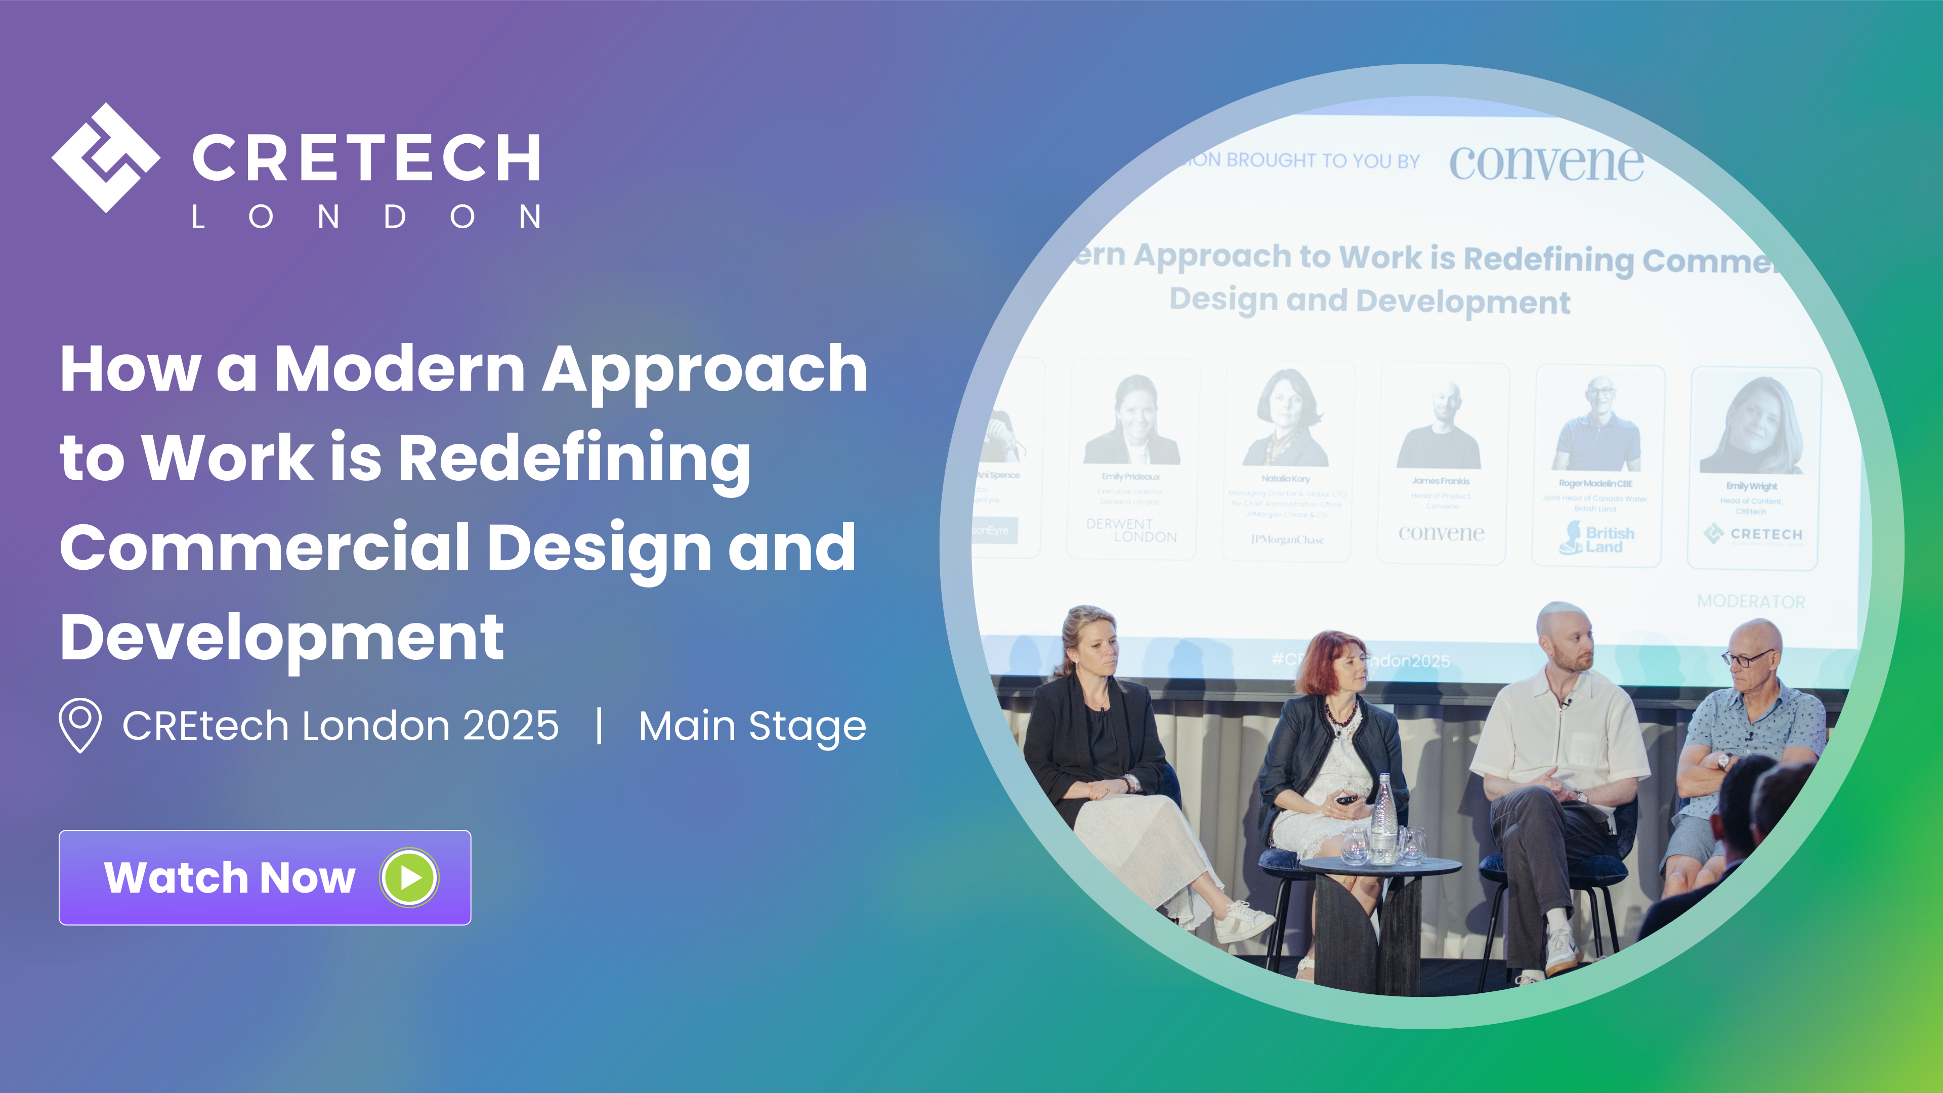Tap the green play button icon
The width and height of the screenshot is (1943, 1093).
pos(409,877)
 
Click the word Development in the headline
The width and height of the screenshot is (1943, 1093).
pos(281,638)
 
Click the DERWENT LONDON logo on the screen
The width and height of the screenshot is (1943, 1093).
pos(1131,530)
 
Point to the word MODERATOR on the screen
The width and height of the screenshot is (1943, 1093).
pos(1751,601)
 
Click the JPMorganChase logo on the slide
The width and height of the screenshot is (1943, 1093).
pos(1287,539)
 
